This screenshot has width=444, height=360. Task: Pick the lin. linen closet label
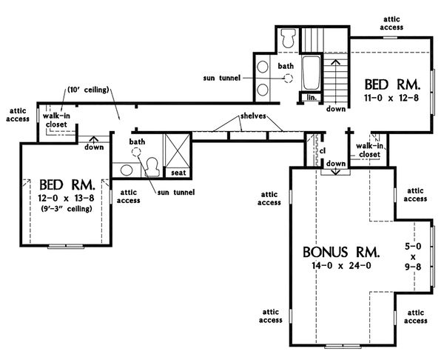311,96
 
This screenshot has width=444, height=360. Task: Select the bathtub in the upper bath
310,73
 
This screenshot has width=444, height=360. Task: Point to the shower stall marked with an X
177,148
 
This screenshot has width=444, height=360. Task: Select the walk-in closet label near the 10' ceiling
57,120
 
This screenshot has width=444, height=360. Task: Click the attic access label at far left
18,114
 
